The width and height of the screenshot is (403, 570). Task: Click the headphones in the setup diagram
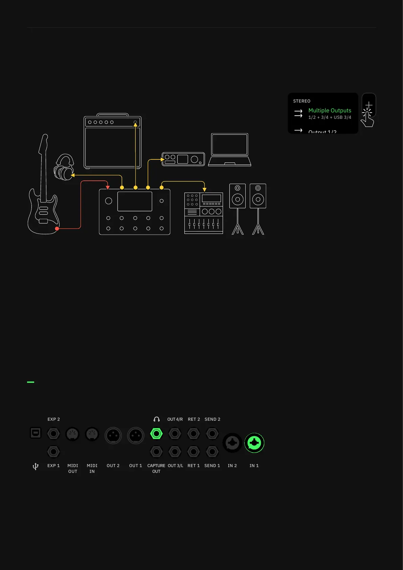pos(64,168)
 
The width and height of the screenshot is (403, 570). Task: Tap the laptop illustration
pos(230,149)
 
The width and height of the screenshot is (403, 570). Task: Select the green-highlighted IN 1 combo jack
pos(254,443)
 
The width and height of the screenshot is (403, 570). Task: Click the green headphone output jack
pos(156,434)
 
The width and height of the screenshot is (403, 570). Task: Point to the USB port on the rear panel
pos(36,433)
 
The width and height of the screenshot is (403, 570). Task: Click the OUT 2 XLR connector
pos(113,435)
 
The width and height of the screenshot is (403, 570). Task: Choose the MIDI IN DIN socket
pos(92,434)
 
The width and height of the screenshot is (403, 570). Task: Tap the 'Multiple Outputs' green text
pos(330,110)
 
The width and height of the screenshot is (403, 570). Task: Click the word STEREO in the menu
pos(301,101)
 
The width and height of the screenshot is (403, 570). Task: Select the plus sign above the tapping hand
pos(369,105)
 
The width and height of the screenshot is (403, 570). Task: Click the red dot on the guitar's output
pos(57,229)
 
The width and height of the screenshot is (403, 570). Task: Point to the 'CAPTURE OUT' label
pos(156,468)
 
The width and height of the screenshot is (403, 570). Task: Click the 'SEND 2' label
pos(212,419)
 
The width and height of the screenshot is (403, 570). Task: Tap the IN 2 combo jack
pos(232,443)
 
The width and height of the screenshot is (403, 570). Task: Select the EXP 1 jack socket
pos(53,452)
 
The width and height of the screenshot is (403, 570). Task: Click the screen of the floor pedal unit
pos(135,201)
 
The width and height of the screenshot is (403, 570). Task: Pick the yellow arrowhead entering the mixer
pos(204,190)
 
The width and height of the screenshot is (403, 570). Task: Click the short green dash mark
pos(30,382)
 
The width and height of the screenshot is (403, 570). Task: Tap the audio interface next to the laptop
pos(183,159)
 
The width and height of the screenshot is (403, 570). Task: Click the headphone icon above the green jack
pos(156,419)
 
